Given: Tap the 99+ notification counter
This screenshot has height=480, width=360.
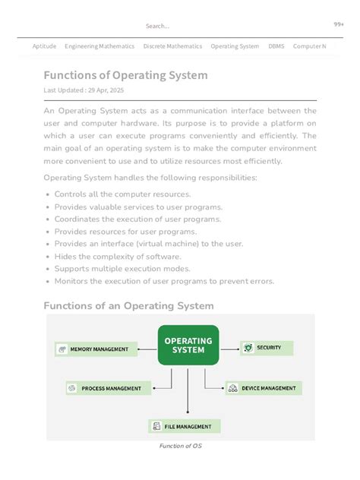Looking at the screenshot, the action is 339,24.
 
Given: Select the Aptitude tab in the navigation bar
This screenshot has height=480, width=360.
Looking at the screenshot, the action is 44,46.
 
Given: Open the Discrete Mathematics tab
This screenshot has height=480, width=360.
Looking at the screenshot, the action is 172,46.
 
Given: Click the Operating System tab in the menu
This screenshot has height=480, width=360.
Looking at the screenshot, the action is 235,46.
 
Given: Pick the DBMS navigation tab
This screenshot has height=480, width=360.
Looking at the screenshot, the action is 276,46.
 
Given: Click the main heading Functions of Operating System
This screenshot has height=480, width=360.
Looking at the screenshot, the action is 125,75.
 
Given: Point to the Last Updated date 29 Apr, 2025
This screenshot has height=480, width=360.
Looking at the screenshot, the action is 84,90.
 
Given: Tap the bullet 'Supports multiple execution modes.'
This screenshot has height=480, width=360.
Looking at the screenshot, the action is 122,268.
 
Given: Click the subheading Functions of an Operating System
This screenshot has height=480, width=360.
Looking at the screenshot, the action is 128,305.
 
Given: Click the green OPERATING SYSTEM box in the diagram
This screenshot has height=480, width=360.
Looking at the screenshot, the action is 188,346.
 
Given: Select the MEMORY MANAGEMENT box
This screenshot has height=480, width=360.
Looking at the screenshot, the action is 96,349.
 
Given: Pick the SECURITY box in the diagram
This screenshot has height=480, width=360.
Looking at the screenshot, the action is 267,348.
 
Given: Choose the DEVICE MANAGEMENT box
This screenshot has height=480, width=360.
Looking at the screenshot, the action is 264,388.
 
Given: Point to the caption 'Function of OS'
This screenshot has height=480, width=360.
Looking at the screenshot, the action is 180,446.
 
